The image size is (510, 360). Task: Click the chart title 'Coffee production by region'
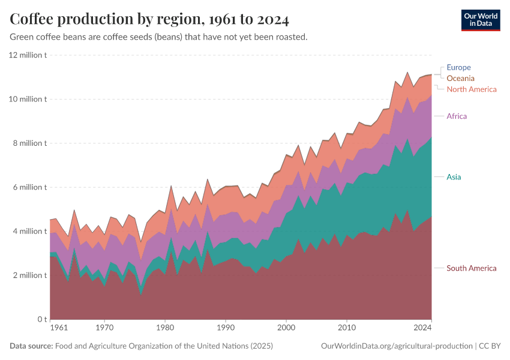tap(149, 20)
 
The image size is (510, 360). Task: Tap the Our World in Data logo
tap(481, 20)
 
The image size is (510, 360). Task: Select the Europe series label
tap(458, 67)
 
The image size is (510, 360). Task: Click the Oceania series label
tap(460, 78)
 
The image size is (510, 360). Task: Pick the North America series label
tap(472, 89)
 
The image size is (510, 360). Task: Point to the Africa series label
tap(457, 116)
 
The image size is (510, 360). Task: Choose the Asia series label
tap(454, 177)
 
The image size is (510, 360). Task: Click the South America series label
tap(472, 268)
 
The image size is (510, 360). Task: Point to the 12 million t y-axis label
tap(27, 55)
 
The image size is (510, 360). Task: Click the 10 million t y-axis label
tap(27, 99)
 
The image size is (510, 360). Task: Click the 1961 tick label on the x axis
tap(58, 328)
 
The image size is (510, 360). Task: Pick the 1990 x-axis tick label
tap(226, 328)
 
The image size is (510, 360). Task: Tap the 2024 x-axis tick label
tap(422, 328)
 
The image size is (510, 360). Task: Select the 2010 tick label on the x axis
tap(346, 328)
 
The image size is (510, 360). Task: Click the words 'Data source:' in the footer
tap(31, 346)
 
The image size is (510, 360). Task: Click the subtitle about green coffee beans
tap(159, 37)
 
